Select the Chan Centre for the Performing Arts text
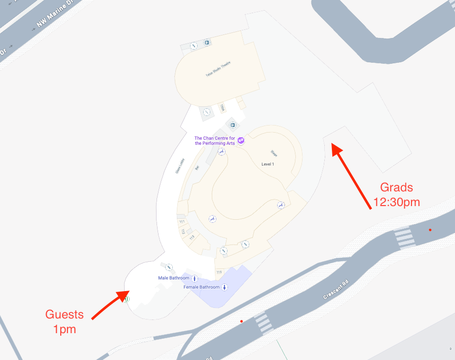(x=215, y=140)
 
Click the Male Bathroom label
(x=173, y=278)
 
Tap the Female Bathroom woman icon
(x=224, y=288)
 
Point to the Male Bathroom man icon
(x=195, y=278)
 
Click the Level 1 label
(x=268, y=164)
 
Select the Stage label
(x=274, y=153)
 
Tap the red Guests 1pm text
(x=64, y=322)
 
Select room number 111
(x=181, y=222)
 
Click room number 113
(x=192, y=237)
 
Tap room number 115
(x=219, y=272)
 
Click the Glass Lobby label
(x=180, y=165)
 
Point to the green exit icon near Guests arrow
(x=126, y=299)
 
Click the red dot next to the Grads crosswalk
(x=430, y=230)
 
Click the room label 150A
(x=222, y=107)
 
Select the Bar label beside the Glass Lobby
(x=197, y=167)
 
